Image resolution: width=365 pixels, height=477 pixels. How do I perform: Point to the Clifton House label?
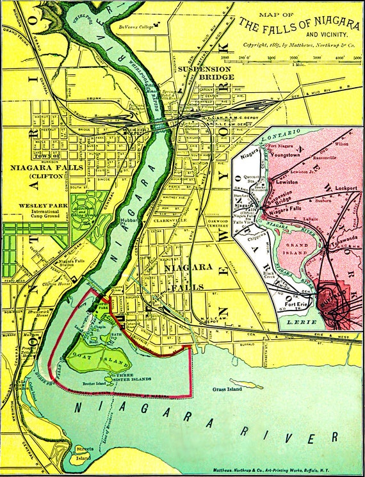click(x=56, y=283)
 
